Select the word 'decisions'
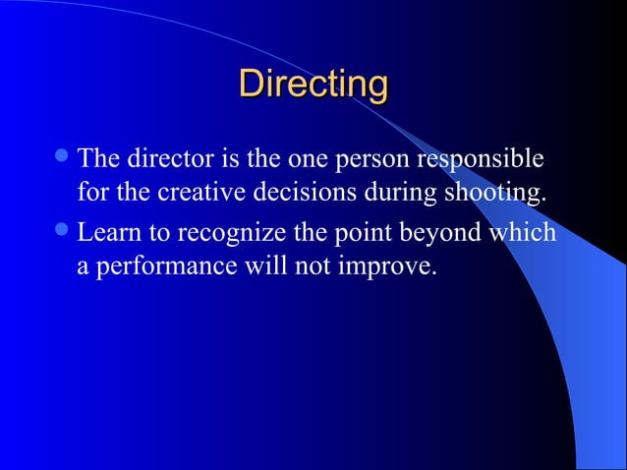(x=301, y=191)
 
